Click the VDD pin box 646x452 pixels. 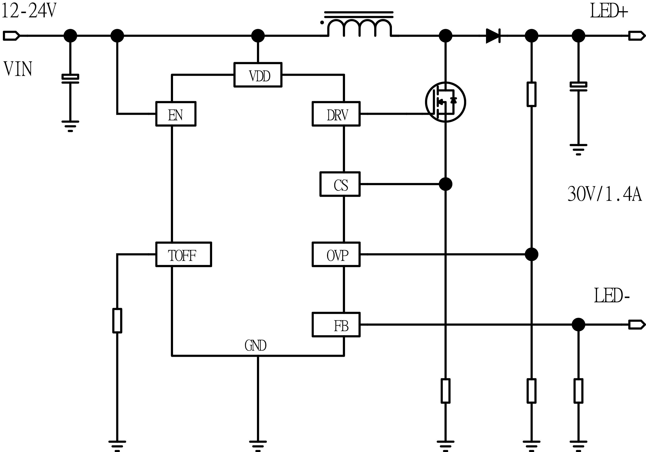coord(258,75)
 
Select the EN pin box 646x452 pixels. coord(176,114)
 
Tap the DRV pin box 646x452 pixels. coord(336,114)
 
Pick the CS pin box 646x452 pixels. coord(340,184)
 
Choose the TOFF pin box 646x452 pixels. coord(183,254)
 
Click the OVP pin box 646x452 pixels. coord(336,254)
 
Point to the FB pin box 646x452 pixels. coord(336,324)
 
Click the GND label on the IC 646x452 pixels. coord(255,346)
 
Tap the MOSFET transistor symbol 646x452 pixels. coord(445,102)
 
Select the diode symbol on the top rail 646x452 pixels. coord(493,36)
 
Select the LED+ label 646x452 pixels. coord(608,12)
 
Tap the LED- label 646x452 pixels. coord(611,296)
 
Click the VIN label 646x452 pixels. coord(18,69)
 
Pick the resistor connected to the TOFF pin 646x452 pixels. coord(117,321)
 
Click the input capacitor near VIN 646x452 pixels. coord(70,79)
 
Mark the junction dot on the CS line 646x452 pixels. coord(445,184)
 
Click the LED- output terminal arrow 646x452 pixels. coord(637,324)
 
